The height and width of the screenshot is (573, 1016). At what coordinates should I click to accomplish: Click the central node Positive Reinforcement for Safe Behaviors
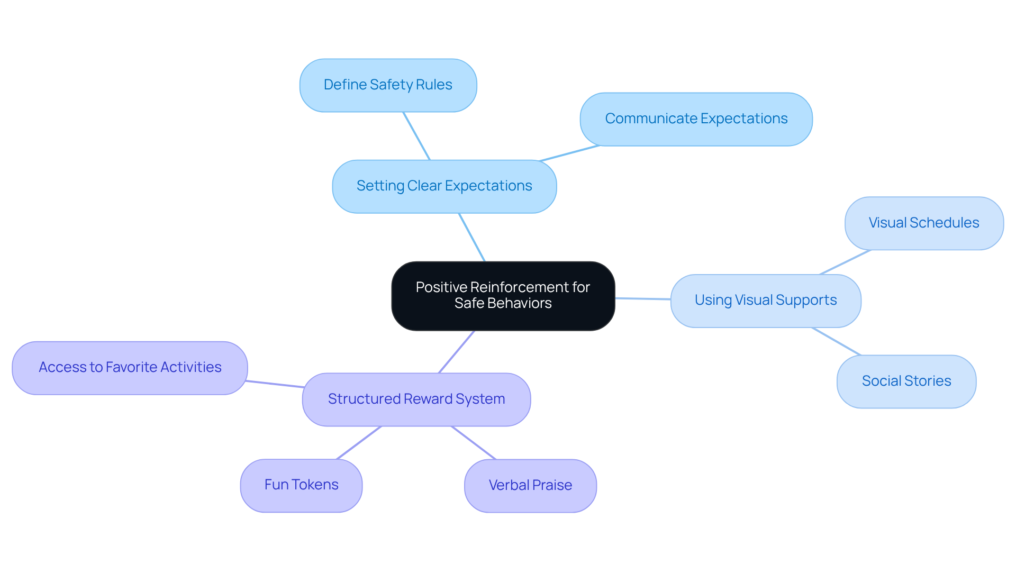(503, 296)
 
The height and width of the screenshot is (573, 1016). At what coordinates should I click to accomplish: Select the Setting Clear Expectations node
(444, 186)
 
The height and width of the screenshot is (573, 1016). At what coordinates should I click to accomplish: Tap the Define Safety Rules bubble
(388, 85)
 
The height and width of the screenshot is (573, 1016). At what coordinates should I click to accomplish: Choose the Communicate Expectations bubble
(696, 119)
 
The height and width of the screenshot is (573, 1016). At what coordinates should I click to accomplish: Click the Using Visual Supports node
(765, 301)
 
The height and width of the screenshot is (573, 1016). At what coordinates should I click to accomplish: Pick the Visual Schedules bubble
(923, 223)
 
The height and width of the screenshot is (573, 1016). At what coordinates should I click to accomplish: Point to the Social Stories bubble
(906, 381)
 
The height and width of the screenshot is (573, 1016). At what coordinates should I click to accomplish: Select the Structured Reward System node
(416, 399)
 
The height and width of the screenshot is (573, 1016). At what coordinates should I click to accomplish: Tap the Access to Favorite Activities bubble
(130, 368)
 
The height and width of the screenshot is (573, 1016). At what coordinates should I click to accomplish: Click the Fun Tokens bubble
(301, 485)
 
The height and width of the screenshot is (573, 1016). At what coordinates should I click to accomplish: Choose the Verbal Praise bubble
(530, 486)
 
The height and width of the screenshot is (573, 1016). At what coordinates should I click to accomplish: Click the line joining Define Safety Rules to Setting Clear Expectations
(416, 136)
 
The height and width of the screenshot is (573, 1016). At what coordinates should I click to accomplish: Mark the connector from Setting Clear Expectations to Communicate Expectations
(569, 153)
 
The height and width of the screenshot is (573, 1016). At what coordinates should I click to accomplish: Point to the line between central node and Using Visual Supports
(643, 299)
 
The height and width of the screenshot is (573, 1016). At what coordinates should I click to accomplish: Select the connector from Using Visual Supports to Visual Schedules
(845, 262)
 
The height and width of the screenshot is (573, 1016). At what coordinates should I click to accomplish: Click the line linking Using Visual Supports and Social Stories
(836, 341)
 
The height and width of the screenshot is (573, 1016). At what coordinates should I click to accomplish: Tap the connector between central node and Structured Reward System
(456, 352)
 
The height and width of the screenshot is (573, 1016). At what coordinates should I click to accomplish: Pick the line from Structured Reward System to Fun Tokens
(359, 443)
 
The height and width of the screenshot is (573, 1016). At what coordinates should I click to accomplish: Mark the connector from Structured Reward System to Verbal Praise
(474, 443)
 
